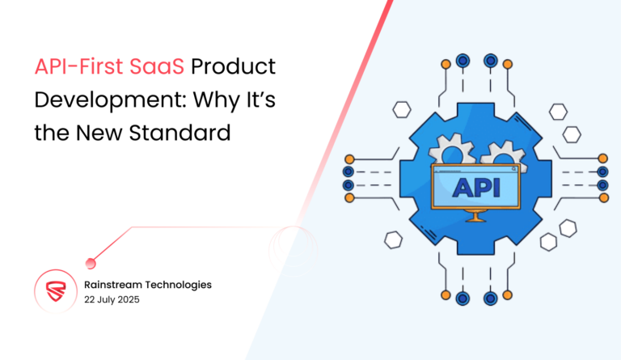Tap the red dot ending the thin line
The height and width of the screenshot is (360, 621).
click(x=91, y=261)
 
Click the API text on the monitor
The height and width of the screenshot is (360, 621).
click(x=477, y=188)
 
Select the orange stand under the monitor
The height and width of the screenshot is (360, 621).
click(x=476, y=216)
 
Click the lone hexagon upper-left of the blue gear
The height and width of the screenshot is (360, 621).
click(x=402, y=111)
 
